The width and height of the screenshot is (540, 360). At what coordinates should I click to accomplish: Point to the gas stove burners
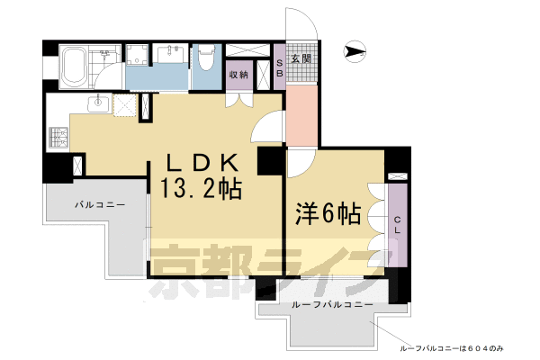pyautogui.click(x=58, y=138)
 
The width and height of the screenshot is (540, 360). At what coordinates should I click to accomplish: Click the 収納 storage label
pyautogui.click(x=238, y=75)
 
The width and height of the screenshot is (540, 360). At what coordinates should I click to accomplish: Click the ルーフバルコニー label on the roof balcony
pyautogui.click(x=331, y=307)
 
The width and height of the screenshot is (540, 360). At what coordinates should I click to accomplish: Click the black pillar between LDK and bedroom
pyautogui.click(x=269, y=161)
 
